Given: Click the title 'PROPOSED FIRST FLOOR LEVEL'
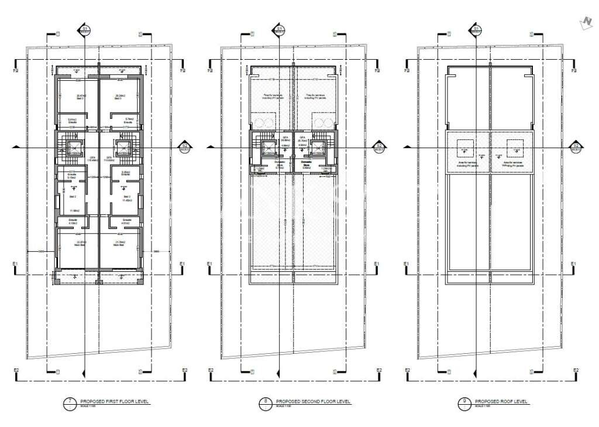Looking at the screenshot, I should click(x=114, y=402).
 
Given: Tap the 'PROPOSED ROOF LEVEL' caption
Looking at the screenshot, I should click(x=501, y=402).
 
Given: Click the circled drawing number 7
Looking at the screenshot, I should click(x=70, y=402).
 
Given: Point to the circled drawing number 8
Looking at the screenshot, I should click(x=266, y=402).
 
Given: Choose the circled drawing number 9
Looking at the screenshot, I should click(x=464, y=402).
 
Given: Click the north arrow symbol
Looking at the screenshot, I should click(x=583, y=22).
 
